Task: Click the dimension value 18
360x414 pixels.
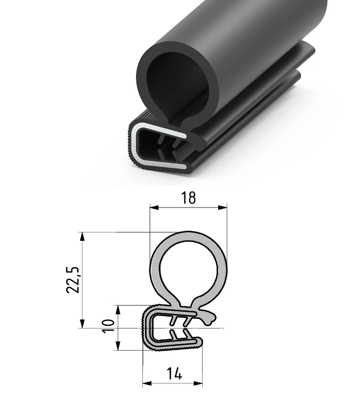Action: pos(189,198)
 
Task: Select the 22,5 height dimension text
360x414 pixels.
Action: pos(73,280)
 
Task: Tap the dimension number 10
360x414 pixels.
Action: pos(109,326)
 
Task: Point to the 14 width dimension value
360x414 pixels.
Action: pos(174,374)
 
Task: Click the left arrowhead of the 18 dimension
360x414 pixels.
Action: pos(154,208)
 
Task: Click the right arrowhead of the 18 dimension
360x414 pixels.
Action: pos(223,208)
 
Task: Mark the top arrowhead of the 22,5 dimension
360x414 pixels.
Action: pos(82,237)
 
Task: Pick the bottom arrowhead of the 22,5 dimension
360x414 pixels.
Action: pos(82,324)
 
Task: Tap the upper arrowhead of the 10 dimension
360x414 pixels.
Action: pos(118,310)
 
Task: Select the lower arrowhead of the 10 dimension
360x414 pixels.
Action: pos(118,346)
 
